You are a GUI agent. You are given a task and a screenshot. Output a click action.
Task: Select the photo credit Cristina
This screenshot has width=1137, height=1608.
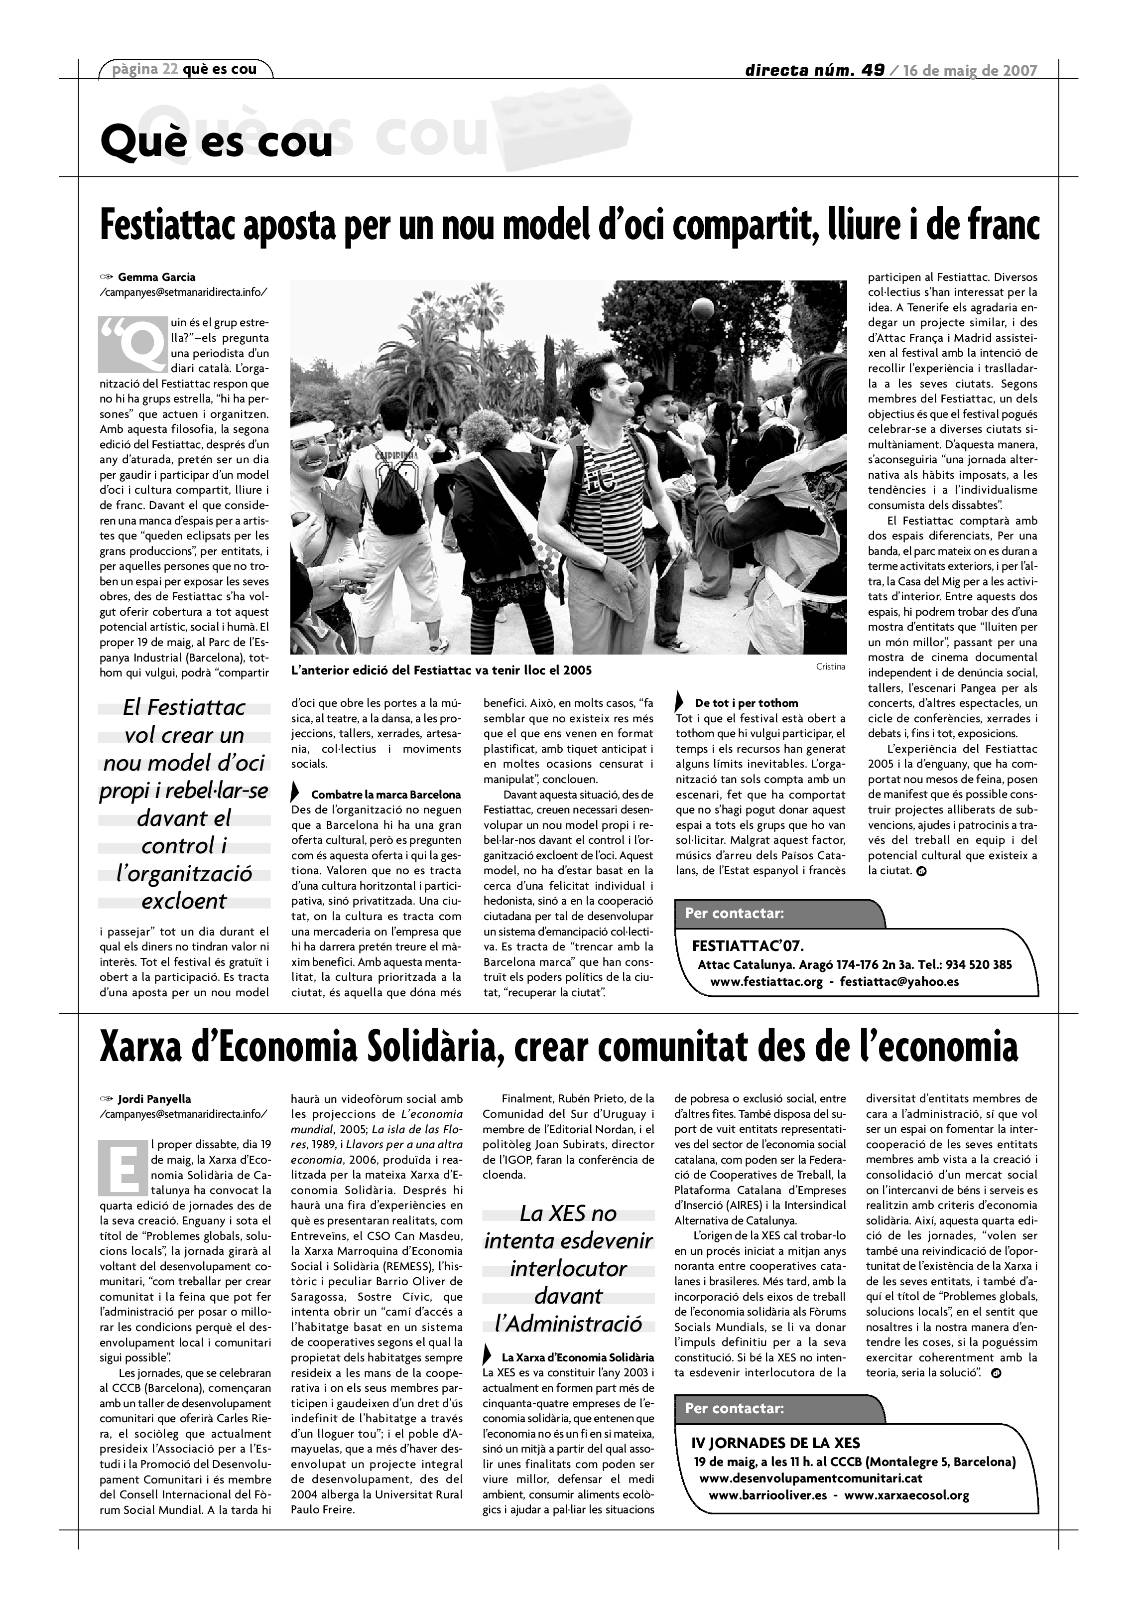coord(830,667)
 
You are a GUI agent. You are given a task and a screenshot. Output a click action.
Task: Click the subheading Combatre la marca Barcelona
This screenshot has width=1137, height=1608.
coord(386,795)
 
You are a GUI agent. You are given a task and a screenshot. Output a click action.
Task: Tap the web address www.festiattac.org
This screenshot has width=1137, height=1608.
coord(766,981)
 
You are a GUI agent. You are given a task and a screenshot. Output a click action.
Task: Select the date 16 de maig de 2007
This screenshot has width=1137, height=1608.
coord(970,70)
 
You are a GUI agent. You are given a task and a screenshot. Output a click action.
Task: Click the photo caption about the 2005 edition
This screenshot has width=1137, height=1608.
coord(441,670)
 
